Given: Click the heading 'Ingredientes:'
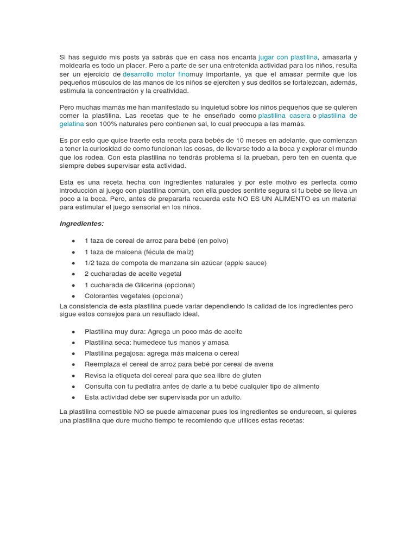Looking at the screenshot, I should click(x=81, y=223).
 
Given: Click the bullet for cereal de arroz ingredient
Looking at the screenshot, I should click(x=73, y=241).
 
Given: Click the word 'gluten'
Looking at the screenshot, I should click(x=250, y=375).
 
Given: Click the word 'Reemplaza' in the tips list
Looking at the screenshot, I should click(x=102, y=364).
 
